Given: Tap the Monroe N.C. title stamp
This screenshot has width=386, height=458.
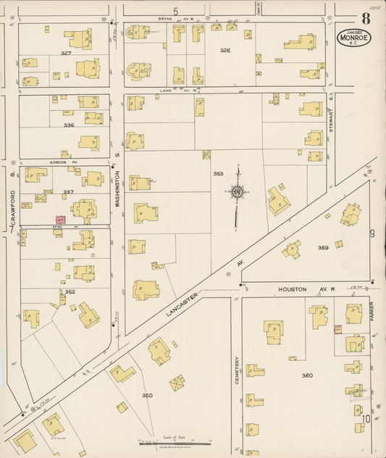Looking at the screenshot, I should coord(353,36).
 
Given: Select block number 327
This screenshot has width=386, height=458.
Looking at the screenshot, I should coord(67,53).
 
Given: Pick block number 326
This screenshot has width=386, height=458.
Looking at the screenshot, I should coord(225,51).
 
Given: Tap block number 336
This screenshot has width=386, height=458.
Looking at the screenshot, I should coord(69,125).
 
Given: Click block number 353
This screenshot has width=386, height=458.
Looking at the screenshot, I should coord(218,174).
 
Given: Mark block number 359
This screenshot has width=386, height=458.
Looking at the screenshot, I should coord(323,248).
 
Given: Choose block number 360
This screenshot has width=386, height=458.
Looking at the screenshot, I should coord(307,375).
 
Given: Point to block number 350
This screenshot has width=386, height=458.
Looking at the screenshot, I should coord(148,395).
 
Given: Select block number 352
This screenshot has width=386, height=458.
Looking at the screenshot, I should coord(70,291).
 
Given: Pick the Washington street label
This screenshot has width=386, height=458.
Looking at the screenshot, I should coord(117,191).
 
